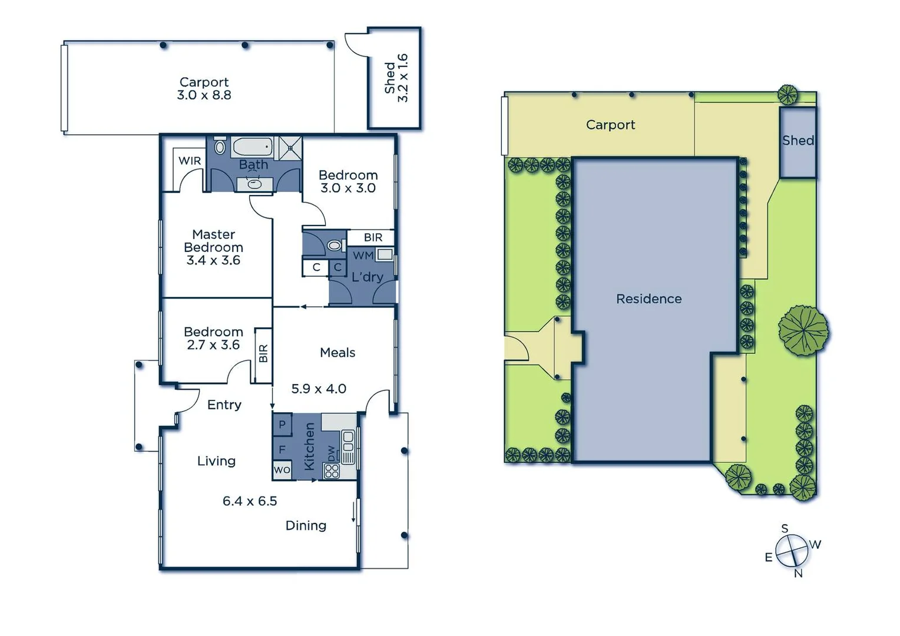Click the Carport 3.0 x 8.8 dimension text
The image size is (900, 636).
[204, 95]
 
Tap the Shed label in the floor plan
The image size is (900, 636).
[389, 78]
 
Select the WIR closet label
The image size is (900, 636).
[190, 161]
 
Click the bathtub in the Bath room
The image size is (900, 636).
[252, 145]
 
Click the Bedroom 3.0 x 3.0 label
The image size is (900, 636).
[348, 181]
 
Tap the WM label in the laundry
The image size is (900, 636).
[363, 256]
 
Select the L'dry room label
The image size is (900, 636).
[367, 277]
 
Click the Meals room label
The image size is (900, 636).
[337, 353]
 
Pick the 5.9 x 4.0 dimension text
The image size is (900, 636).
[319, 389]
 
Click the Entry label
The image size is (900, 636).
[224, 405]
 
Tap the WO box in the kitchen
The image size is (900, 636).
[282, 470]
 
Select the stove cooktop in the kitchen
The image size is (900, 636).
[332, 471]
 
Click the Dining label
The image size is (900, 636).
[306, 525]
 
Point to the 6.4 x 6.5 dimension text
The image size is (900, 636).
[250, 501]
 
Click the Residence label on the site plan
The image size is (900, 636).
[648, 299]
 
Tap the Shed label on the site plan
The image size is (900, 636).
[798, 141]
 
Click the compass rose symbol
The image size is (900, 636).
[791, 550]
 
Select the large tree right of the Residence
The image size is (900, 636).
[803, 330]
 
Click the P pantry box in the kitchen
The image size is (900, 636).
[282, 424]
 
